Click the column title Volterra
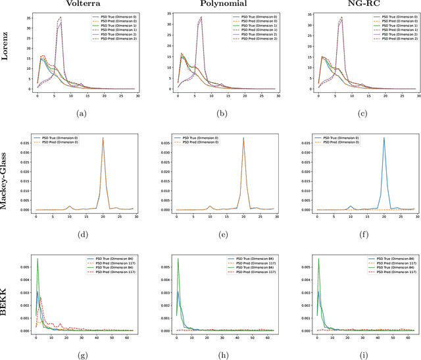point(81,5)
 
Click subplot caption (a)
point(81,113)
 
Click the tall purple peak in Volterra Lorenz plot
point(61,18)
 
